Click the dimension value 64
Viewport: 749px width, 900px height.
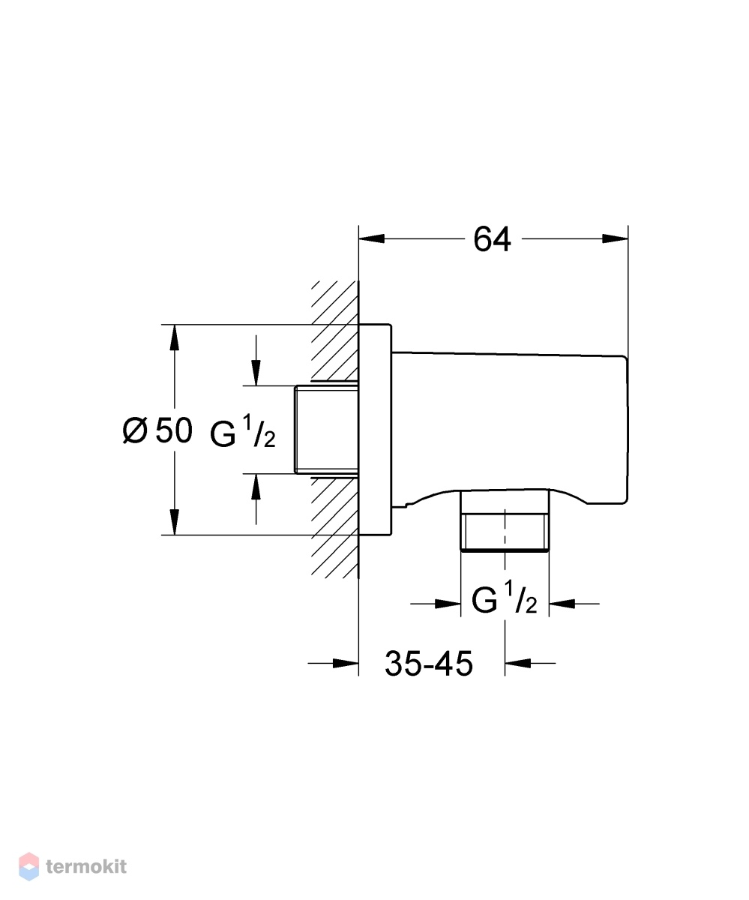pyautogui.click(x=492, y=239)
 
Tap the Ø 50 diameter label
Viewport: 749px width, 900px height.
pyautogui.click(x=157, y=430)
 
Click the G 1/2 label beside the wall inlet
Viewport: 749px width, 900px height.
pyautogui.click(x=243, y=431)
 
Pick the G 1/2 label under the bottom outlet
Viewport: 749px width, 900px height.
pyautogui.click(x=505, y=597)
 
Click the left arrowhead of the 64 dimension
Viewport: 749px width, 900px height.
pyautogui.click(x=371, y=238)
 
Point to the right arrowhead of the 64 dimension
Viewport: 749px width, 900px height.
pyautogui.click(x=615, y=238)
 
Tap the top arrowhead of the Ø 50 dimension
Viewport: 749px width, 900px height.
pyautogui.click(x=174, y=337)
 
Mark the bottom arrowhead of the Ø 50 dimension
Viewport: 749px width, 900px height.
pyautogui.click(x=174, y=522)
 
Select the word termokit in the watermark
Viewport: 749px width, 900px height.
pyautogui.click(x=86, y=866)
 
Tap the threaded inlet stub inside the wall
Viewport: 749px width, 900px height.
pyautogui.click(x=326, y=430)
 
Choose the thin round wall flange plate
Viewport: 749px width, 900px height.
pyautogui.click(x=375, y=430)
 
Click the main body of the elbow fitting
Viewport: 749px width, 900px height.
pyautogui.click(x=509, y=427)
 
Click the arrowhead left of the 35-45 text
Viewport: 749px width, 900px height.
pyautogui.click(x=346, y=663)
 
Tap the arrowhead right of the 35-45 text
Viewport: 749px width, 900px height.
pyautogui.click(x=517, y=663)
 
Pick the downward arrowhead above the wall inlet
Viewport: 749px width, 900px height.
pyautogui.click(x=256, y=373)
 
